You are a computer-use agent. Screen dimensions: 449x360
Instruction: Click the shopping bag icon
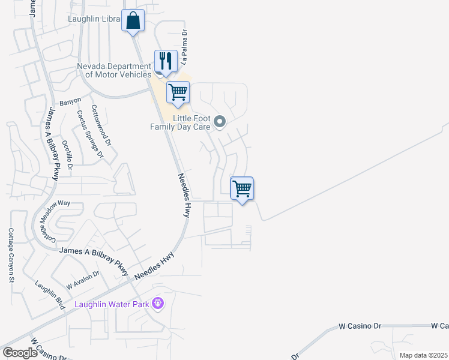[133, 21]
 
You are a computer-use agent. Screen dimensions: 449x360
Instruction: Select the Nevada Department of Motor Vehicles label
[114, 70]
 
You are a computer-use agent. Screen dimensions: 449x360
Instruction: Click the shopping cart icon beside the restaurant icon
[178, 93]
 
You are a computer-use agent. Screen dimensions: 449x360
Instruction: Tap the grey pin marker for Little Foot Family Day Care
[220, 122]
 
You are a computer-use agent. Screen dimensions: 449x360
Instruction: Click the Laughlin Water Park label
[112, 304]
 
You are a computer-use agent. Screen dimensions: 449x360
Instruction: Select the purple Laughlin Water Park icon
[158, 304]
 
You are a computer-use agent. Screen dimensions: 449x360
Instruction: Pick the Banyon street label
[70, 101]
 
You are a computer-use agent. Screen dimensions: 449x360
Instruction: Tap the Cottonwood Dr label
[101, 126]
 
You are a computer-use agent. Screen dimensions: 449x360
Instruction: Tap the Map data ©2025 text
[423, 355]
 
